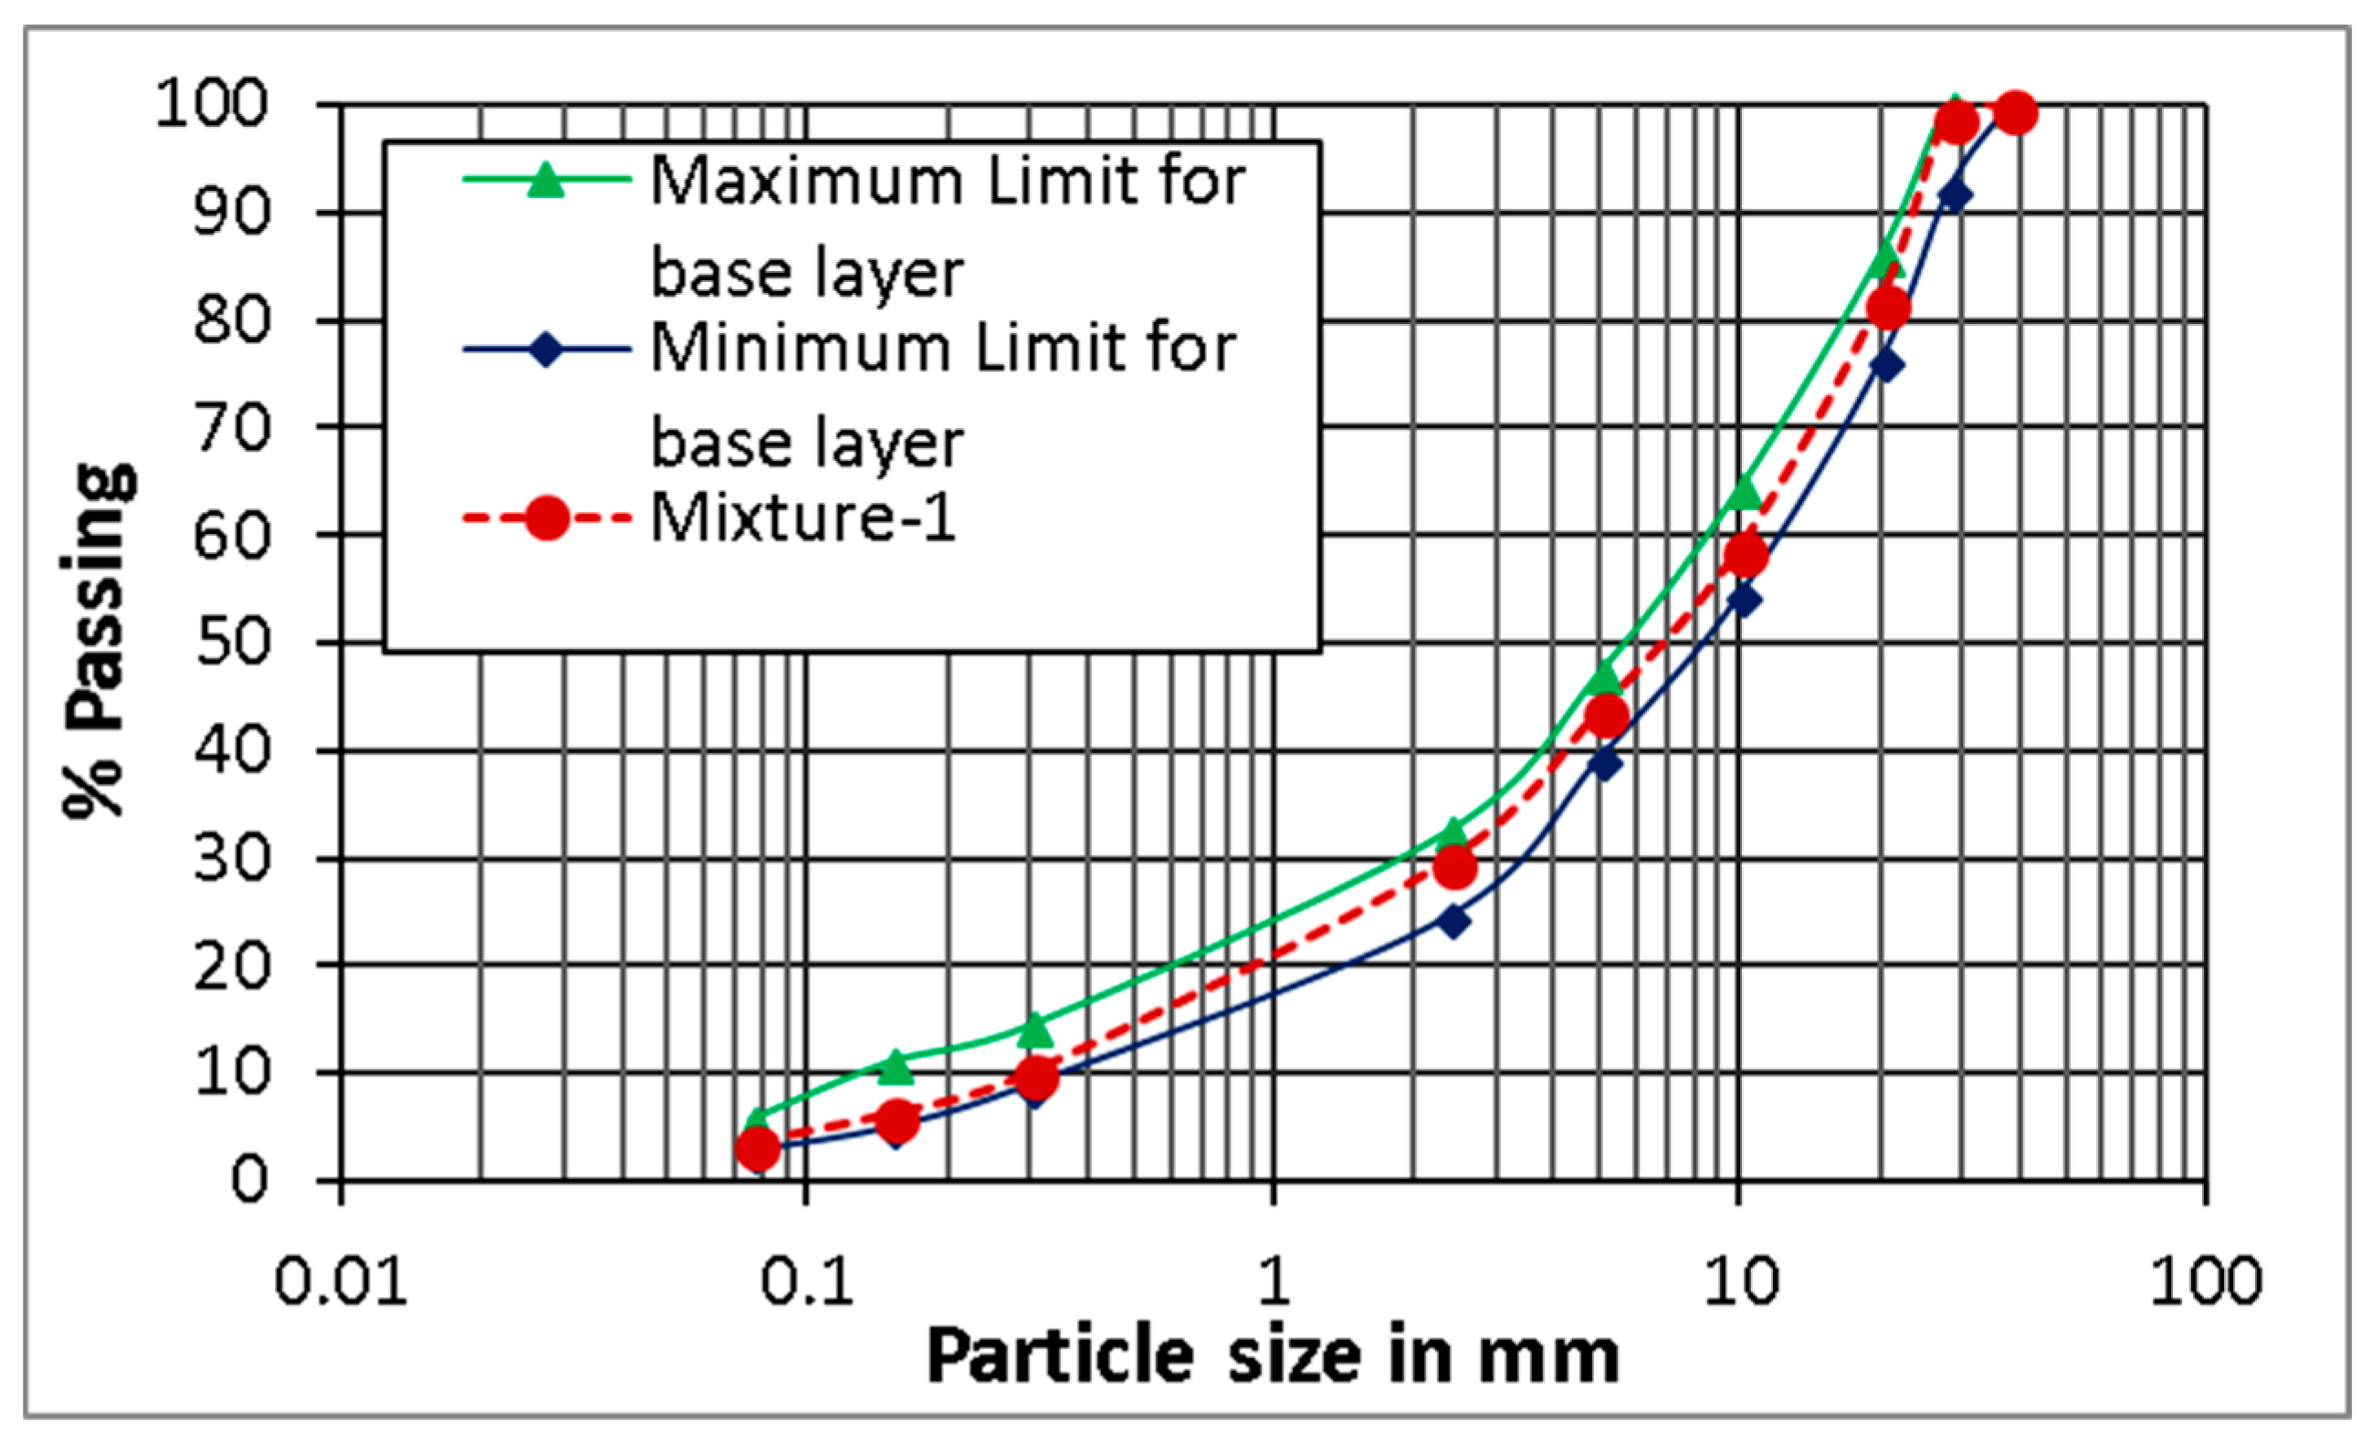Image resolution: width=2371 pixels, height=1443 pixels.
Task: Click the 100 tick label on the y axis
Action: [211, 103]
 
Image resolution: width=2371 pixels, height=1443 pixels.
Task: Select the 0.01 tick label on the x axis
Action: [341, 1281]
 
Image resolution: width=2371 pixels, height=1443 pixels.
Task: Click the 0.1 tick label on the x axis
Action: [806, 1281]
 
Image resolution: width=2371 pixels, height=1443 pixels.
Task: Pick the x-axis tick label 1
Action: [1273, 1281]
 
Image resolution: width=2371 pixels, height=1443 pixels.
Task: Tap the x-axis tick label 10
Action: [1741, 1281]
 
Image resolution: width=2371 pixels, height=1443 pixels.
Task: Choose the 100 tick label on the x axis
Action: [2206, 1281]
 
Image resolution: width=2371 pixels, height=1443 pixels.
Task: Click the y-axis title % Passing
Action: [100, 641]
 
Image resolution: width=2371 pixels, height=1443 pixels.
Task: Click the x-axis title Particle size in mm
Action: [1273, 1356]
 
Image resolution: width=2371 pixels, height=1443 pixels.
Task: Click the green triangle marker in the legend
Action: [546, 180]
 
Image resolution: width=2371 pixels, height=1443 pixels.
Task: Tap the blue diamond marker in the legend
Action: [546, 350]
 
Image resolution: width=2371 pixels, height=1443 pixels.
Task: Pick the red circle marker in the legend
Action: [546, 518]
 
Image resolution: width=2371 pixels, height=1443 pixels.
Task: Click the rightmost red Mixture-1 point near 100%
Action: [2015, 112]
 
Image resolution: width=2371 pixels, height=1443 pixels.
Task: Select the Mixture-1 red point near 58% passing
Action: [1746, 555]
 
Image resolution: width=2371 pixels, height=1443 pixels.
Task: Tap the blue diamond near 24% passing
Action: [1454, 922]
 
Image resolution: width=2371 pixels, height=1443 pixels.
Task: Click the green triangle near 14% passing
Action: [1034, 1030]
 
